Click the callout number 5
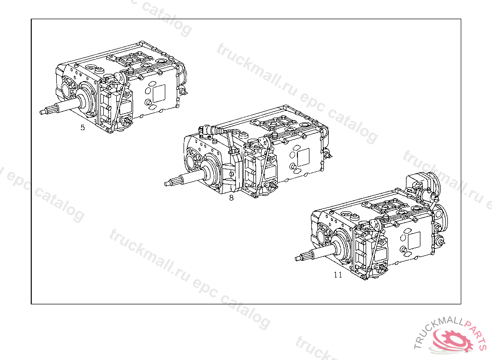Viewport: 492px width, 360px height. point(83,127)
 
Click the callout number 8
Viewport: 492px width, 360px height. point(231,198)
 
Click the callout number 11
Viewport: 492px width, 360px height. point(338,275)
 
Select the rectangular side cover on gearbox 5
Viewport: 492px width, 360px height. point(159,93)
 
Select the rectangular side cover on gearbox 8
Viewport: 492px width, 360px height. point(303,157)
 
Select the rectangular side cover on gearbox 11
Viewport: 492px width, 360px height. point(414,241)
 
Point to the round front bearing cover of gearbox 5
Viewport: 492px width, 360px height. point(86,97)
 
